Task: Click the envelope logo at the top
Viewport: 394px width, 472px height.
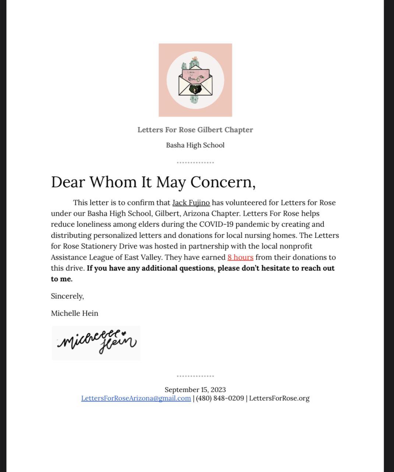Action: pos(195,80)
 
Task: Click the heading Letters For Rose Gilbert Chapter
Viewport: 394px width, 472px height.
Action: pos(195,130)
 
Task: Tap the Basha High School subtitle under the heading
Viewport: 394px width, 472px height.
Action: pos(195,145)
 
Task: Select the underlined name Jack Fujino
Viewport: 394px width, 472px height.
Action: pos(191,203)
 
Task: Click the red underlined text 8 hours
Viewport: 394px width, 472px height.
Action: pos(240,257)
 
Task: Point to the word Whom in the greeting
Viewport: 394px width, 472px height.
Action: pos(113,182)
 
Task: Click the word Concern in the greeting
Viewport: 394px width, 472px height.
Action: pos(222,182)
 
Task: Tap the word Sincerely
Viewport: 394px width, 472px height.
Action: pos(67,296)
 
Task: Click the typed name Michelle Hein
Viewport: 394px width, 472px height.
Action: pos(74,313)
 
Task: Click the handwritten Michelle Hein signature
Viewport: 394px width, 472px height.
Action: pos(96,343)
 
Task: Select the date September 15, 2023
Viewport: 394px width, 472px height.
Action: pos(195,390)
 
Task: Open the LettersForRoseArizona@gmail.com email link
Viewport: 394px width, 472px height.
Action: pos(136,398)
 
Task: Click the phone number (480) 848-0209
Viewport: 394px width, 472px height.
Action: pos(220,398)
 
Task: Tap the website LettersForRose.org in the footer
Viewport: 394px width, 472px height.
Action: pos(279,398)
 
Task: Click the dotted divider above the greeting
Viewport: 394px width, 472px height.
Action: pos(195,162)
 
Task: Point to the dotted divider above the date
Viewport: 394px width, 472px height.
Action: pos(195,376)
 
